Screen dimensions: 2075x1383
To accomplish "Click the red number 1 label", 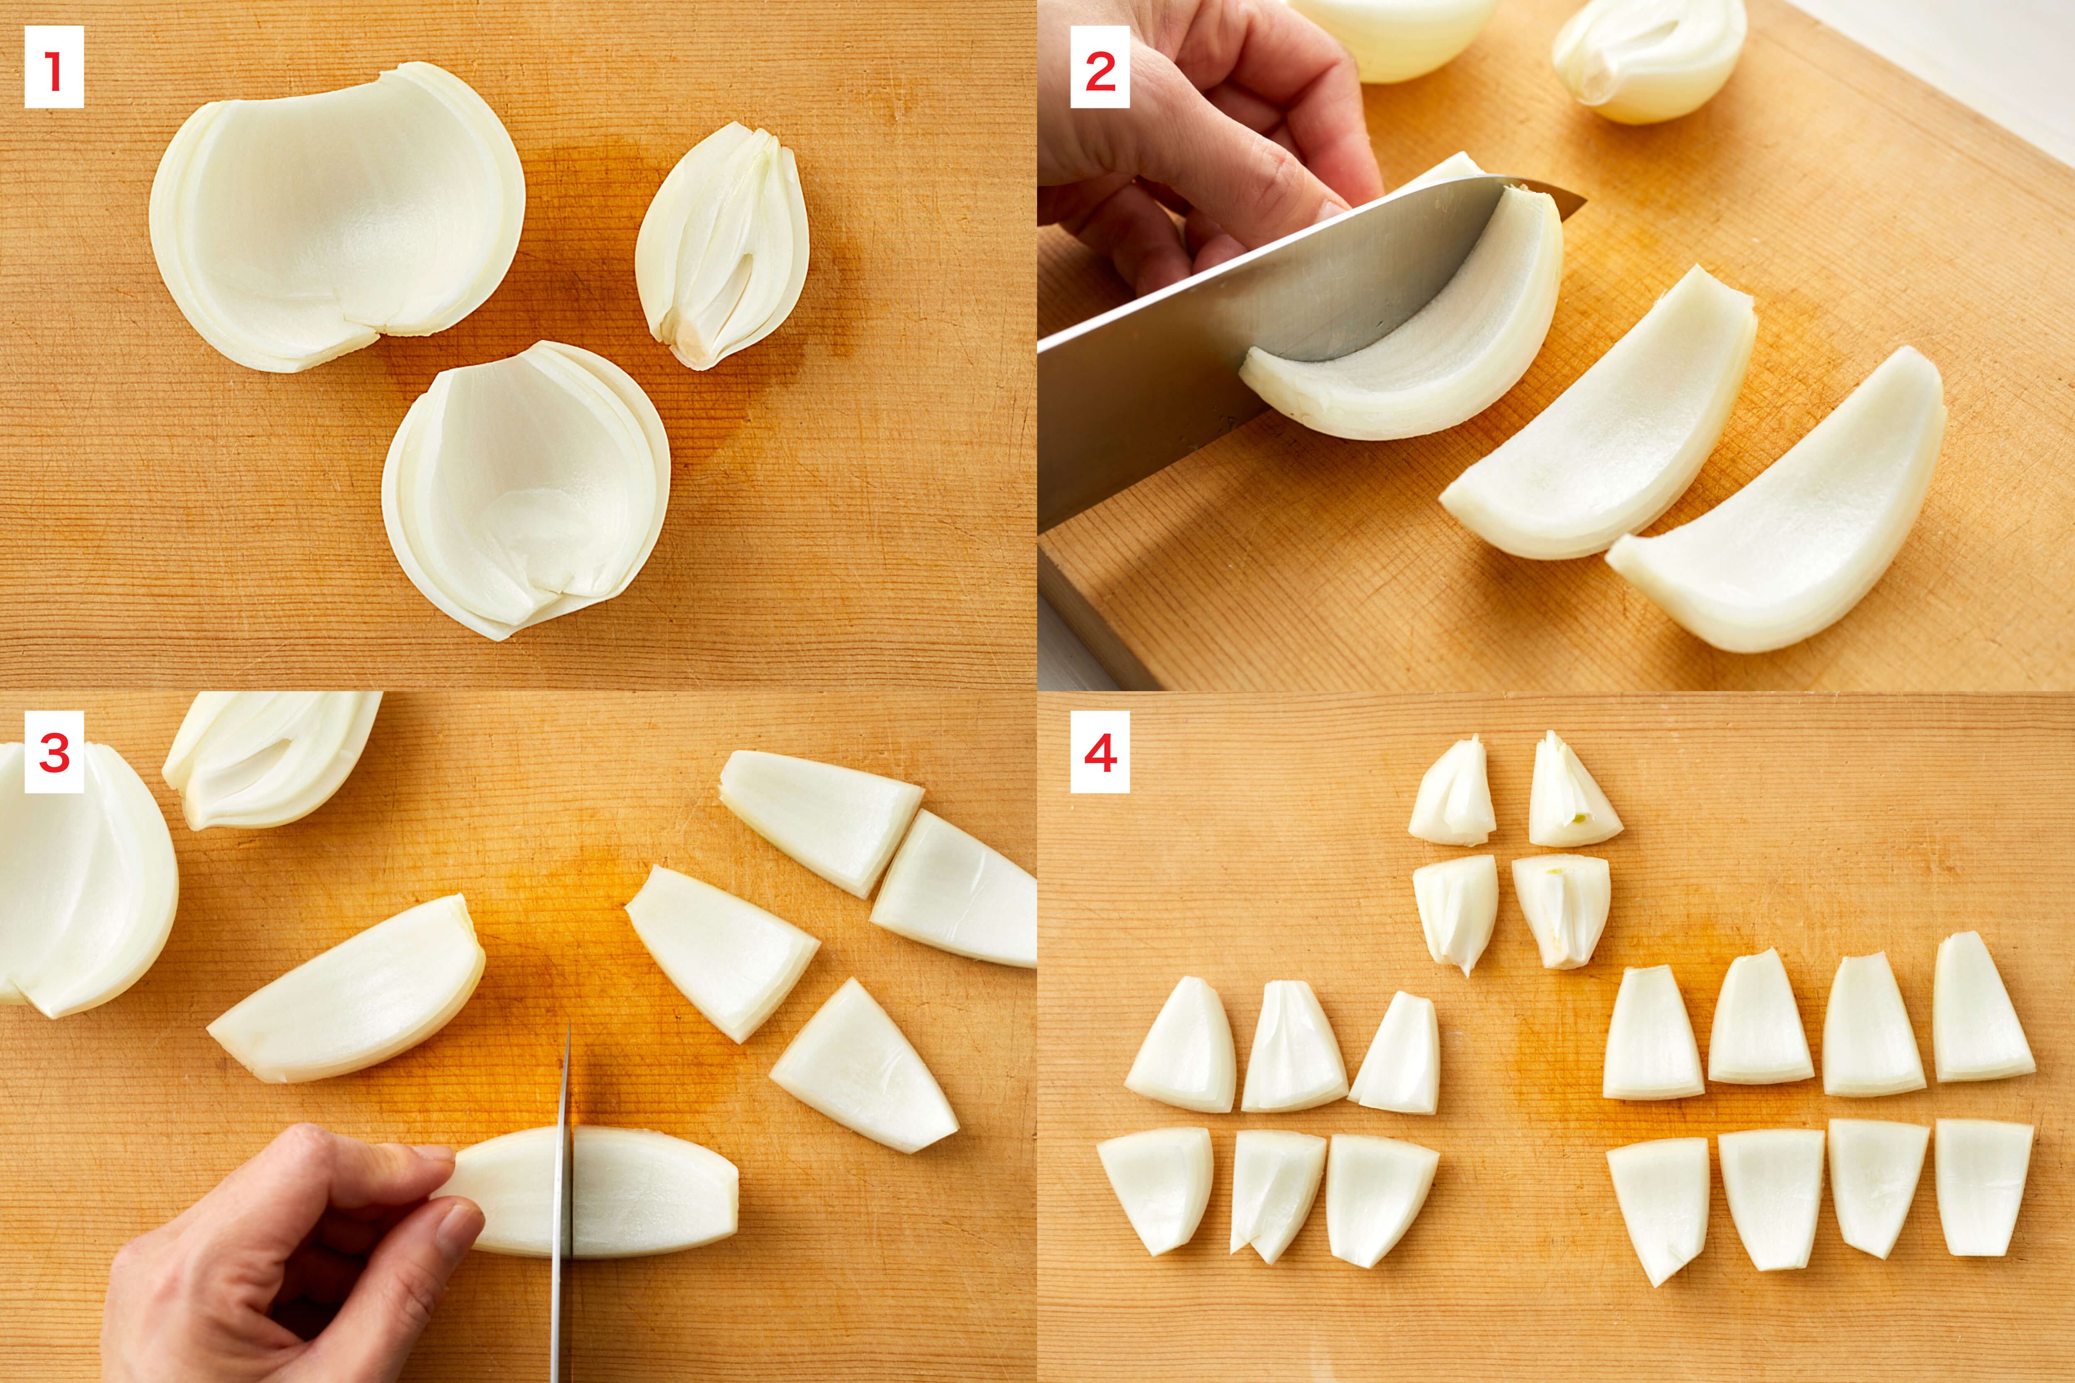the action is click(54, 67).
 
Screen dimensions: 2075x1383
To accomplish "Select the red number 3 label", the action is click(54, 751).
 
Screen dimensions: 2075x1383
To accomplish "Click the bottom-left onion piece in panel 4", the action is click(1156, 1188).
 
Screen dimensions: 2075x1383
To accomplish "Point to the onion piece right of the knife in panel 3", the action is click(654, 1193).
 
